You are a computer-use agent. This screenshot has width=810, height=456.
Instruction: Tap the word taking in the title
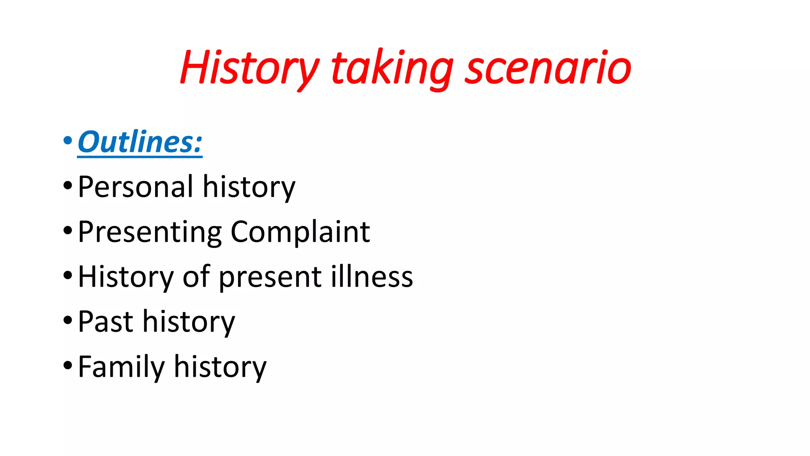(x=392, y=68)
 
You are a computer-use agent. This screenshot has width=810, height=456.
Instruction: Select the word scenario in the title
(x=547, y=68)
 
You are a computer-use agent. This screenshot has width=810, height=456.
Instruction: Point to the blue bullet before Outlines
(x=68, y=140)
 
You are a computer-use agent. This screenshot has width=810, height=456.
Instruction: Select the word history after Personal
(x=249, y=187)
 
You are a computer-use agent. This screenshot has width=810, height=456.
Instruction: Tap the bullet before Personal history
(x=68, y=185)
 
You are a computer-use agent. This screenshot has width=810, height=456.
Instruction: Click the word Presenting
(x=150, y=232)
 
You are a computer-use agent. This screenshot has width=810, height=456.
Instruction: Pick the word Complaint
(x=300, y=232)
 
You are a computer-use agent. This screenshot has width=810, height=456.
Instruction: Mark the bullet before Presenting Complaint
(x=68, y=230)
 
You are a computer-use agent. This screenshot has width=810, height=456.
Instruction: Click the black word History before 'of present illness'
(x=125, y=277)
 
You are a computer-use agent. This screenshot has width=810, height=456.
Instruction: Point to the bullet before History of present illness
(x=68, y=275)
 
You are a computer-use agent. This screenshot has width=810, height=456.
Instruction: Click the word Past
(x=106, y=321)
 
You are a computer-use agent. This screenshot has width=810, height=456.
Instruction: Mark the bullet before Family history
(x=68, y=365)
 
